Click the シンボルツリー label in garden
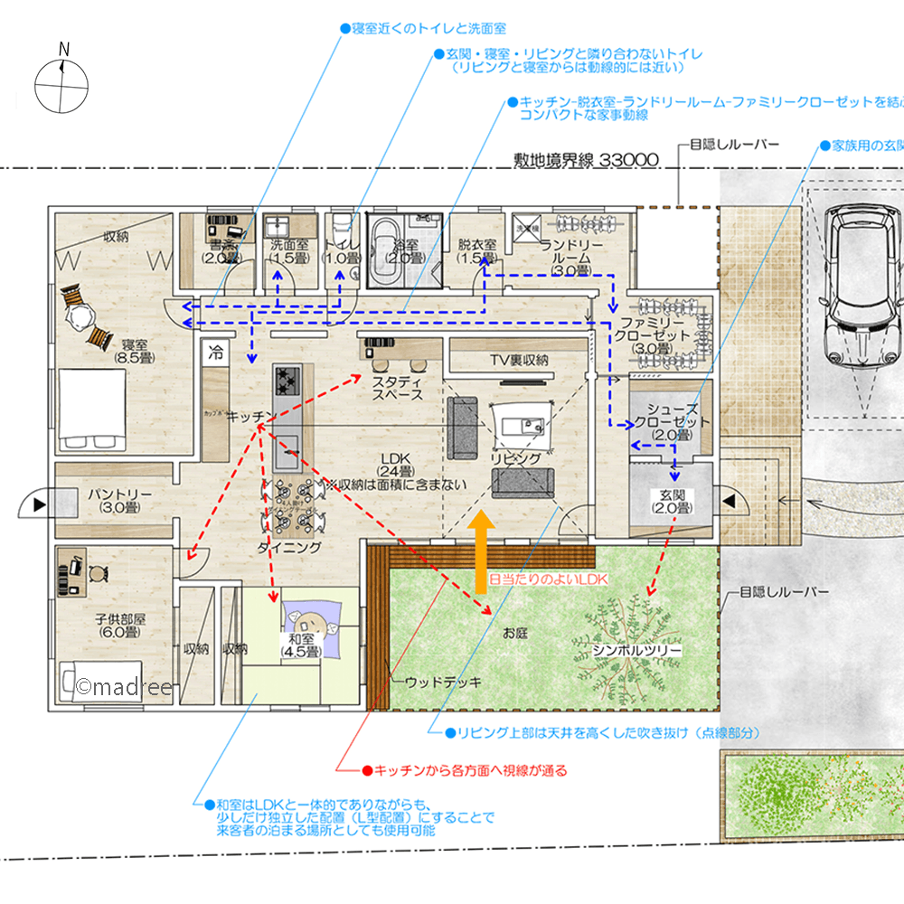pyautogui.click(x=636, y=650)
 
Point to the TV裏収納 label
pyautogui.click(x=519, y=360)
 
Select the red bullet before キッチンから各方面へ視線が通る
pyautogui.click(x=367, y=770)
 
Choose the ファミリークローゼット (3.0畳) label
pyautogui.click(x=661, y=335)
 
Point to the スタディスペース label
pyautogui.click(x=398, y=389)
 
